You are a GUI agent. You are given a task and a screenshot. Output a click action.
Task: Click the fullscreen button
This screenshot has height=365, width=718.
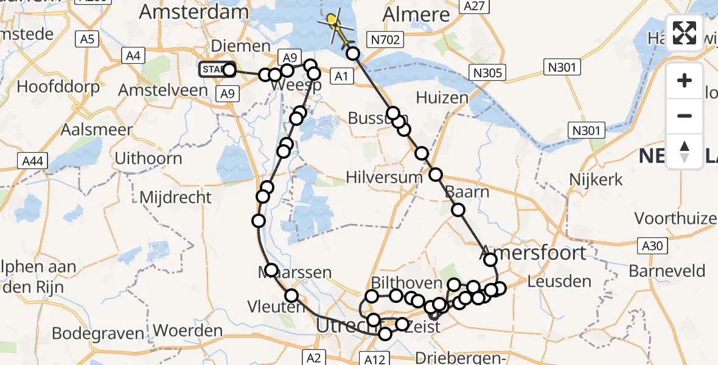(x=685, y=33)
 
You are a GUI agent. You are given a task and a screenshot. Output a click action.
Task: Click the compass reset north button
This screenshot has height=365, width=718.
(x=685, y=151)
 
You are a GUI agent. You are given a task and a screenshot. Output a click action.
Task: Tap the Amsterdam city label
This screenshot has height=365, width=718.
(x=194, y=12)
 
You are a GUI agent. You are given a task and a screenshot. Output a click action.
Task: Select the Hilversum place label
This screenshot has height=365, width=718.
(x=384, y=177)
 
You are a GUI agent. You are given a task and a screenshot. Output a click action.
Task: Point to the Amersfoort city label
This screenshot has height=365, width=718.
(x=534, y=252)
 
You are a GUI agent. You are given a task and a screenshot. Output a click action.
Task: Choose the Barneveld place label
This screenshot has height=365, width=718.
(x=667, y=271)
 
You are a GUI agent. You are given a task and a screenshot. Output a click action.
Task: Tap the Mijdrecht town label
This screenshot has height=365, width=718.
(x=176, y=197)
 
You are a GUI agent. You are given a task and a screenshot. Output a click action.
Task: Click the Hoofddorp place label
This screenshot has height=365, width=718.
(x=58, y=86)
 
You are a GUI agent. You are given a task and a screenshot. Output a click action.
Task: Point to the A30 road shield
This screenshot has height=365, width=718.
(x=654, y=245)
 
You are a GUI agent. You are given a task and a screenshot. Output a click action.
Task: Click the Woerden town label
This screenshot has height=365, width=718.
(x=188, y=331)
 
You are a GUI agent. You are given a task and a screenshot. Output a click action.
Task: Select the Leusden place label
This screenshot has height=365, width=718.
(x=559, y=281)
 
